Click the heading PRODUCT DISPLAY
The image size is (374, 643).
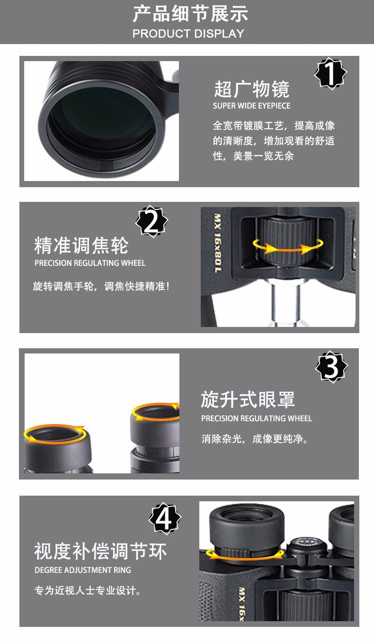[188, 34]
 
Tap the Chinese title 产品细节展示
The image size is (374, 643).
[190, 14]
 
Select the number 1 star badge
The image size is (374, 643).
[331, 73]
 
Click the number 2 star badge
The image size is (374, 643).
[151, 221]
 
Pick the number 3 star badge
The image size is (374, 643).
[331, 367]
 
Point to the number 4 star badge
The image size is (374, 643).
[165, 518]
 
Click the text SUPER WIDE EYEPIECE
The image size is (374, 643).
[251, 106]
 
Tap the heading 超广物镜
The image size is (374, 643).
[252, 89]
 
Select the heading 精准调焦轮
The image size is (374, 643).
[81, 245]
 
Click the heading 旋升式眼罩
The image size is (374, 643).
[248, 399]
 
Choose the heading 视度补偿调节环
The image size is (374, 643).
[100, 551]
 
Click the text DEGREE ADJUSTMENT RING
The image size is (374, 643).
[82, 570]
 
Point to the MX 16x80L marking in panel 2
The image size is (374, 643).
[218, 243]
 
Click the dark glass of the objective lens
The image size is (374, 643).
[101, 120]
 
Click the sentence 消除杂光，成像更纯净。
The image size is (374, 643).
[255, 439]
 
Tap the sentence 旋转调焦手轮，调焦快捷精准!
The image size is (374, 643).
[101, 286]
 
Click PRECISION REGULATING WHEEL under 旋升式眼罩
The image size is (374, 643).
[257, 418]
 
